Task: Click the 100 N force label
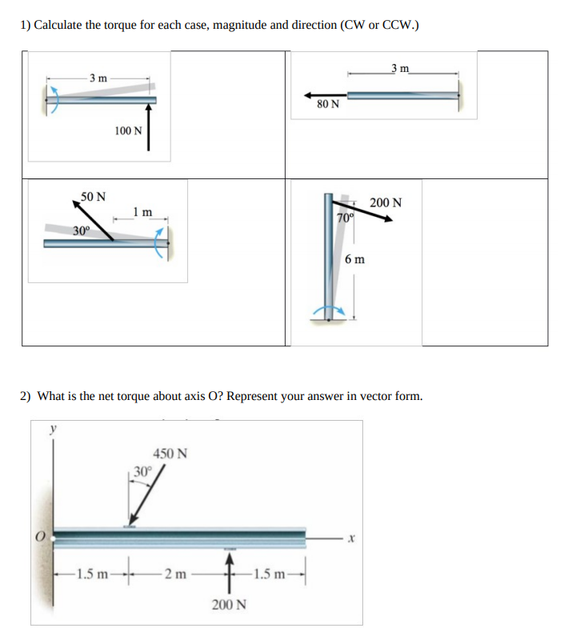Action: tap(127, 130)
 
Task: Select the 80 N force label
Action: tap(327, 104)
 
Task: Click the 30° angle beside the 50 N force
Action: tap(81, 230)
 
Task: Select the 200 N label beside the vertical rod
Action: tap(386, 202)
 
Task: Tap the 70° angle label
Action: tap(345, 218)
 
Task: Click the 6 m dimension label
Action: tap(354, 259)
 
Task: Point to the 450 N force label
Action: tap(170, 454)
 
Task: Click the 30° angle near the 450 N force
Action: tap(142, 470)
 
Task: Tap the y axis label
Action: tap(54, 429)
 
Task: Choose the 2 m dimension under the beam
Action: tap(174, 573)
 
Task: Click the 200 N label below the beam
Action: tap(229, 604)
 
